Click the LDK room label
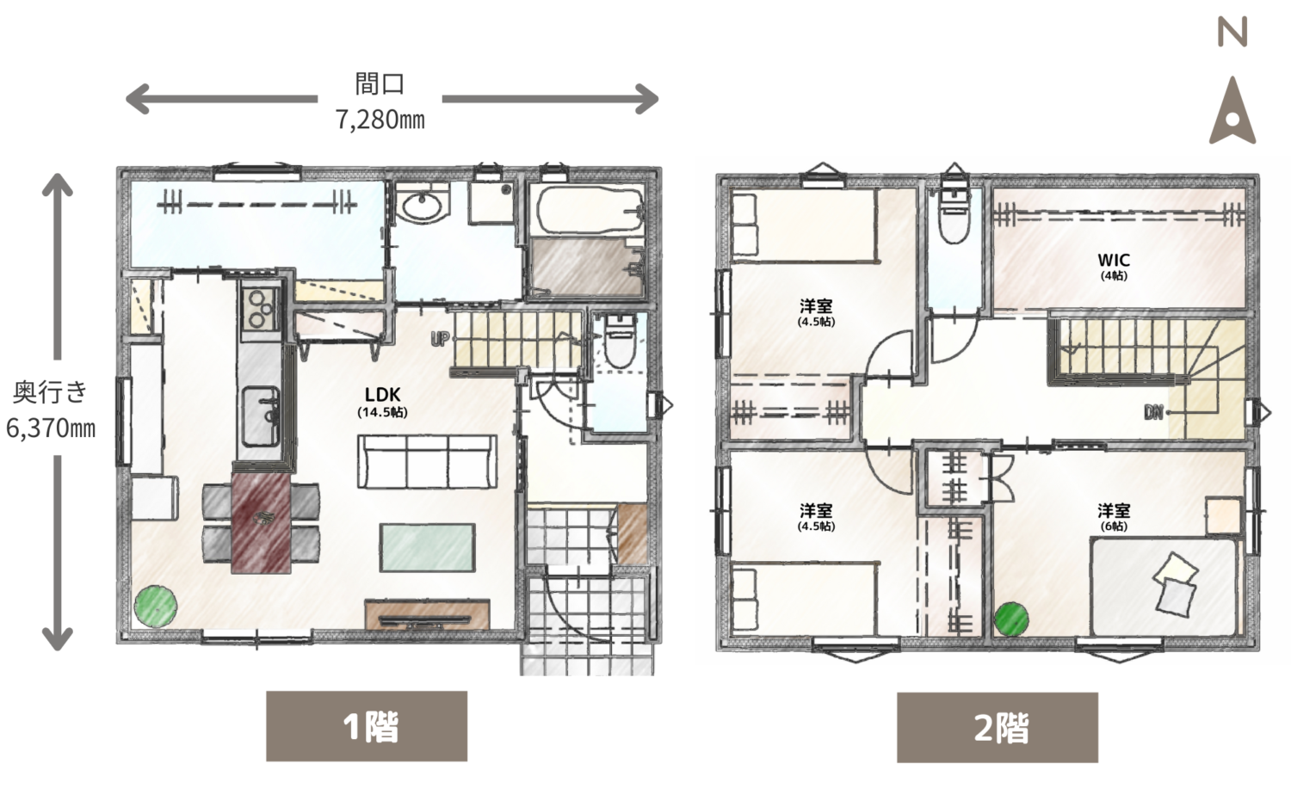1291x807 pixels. [383, 395]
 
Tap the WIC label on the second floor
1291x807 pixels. [1114, 260]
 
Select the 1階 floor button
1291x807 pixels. [367, 726]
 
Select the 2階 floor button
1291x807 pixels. [997, 728]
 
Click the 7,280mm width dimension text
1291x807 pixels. [380, 120]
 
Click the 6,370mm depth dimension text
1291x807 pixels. [51, 428]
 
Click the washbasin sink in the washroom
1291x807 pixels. [422, 206]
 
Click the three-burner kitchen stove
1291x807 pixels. [261, 308]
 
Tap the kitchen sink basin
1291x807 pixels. [261, 416]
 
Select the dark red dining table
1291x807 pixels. [261, 523]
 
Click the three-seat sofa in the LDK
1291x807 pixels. [427, 462]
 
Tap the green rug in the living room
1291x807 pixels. [427, 548]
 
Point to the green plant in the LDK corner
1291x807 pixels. [156, 606]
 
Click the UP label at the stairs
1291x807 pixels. [439, 339]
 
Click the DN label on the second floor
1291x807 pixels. [1153, 412]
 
